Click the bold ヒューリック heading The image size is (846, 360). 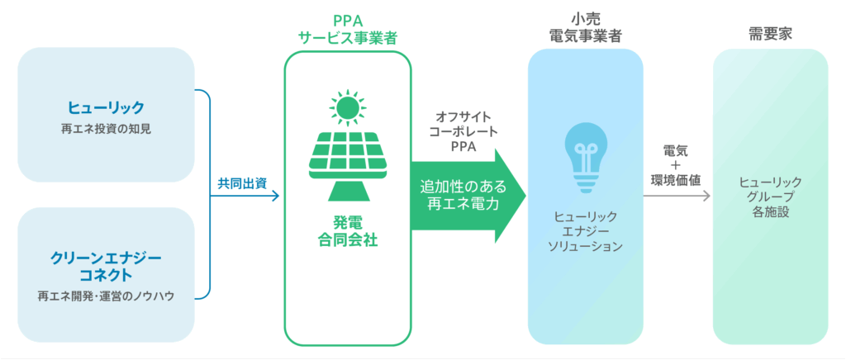click(107, 107)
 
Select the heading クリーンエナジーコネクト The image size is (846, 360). click(107, 265)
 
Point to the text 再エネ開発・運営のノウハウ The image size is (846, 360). click(107, 296)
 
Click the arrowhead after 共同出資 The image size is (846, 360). click(276, 196)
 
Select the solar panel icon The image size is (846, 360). click(347, 161)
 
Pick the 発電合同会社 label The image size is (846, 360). click(347, 232)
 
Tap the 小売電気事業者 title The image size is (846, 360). click(585, 27)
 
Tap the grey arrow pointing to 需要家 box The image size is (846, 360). click(704, 197)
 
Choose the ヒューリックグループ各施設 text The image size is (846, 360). click(769, 196)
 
